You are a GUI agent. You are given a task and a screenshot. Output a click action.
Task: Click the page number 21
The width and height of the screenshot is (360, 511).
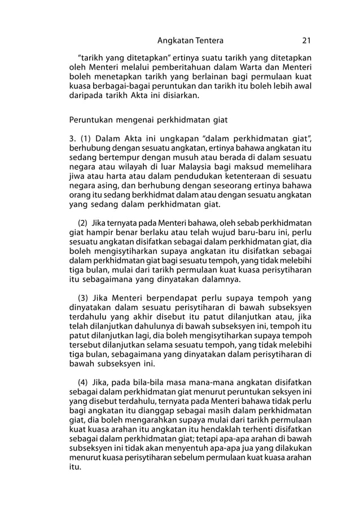click(x=306, y=41)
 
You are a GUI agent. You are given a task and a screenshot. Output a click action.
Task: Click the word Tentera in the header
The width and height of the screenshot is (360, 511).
click(x=207, y=41)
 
